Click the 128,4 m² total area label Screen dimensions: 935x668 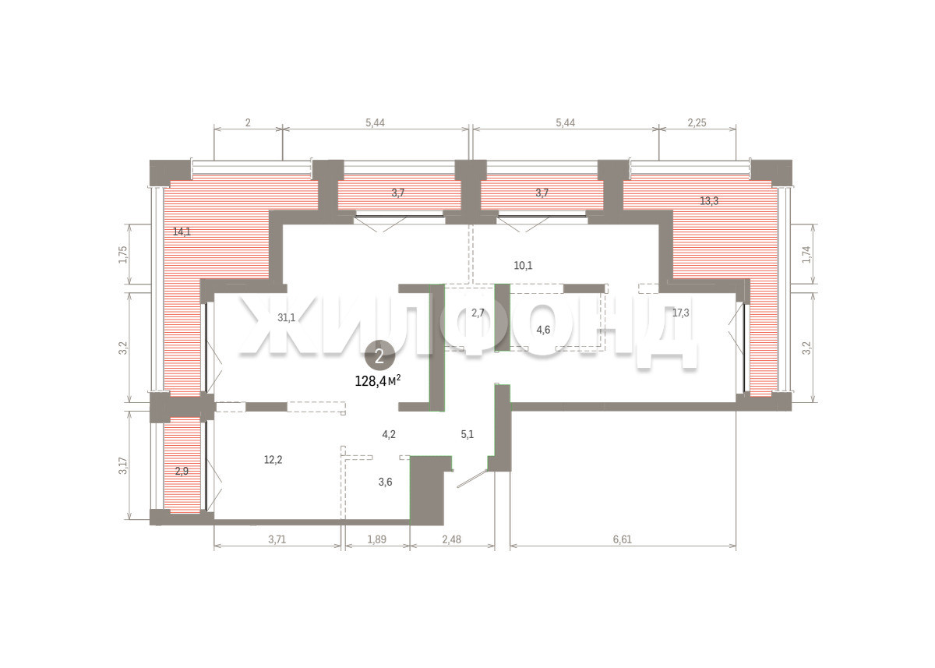378,381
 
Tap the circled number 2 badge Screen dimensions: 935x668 380,356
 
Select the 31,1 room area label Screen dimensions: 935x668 287,318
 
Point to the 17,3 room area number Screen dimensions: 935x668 680,313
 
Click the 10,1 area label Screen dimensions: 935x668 523,266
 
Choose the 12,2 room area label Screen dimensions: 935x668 273,460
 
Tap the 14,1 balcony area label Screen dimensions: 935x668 182,232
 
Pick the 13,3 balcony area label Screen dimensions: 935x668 709,201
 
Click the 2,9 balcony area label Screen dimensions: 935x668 182,472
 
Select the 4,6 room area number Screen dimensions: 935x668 543,330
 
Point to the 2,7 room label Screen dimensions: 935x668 478,313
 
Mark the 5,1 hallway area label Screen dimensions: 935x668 467,434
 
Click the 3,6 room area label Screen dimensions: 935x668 385,482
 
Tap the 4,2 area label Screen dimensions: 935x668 389,434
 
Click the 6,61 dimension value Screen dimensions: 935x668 623,539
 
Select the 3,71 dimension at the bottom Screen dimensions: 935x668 277,539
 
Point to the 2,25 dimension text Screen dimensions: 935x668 697,122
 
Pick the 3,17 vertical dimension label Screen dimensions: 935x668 123,465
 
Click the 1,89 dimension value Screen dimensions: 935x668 377,539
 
